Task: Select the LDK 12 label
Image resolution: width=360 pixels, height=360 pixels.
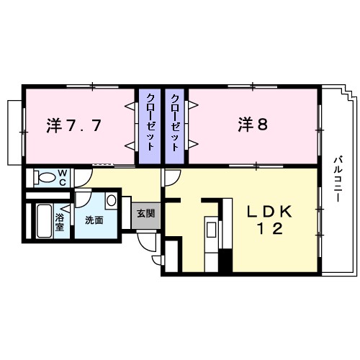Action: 270,212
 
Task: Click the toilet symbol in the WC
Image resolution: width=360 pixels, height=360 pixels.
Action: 45,177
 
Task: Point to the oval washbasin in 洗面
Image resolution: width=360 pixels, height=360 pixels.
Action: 112,199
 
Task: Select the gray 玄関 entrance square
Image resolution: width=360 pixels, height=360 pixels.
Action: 146,215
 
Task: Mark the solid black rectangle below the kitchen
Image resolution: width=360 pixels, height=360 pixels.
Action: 225,259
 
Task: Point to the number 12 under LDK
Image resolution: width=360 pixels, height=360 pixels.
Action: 269,228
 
